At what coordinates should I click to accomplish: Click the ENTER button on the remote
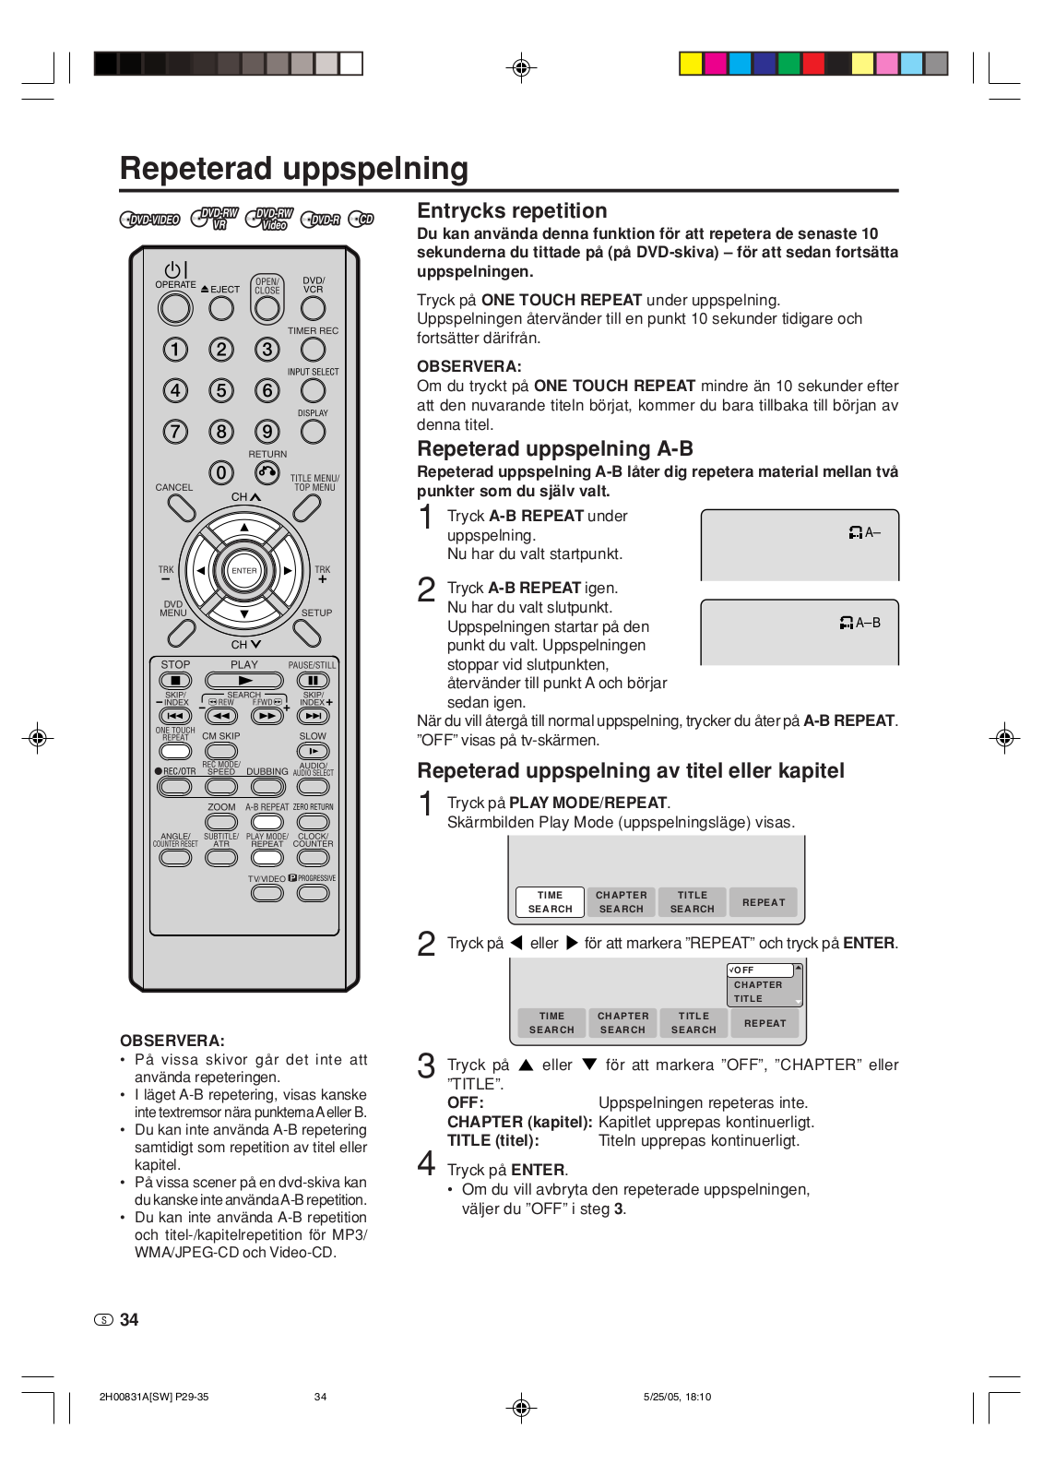244,571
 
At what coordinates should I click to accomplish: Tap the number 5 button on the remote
221,390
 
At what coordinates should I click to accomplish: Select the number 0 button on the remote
221,473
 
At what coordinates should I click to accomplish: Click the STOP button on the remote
175,681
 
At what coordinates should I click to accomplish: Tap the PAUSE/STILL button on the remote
313,681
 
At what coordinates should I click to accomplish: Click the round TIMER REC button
314,350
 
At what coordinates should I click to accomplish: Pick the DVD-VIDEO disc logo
149,220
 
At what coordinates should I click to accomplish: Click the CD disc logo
361,220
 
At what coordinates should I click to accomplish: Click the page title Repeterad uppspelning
294,169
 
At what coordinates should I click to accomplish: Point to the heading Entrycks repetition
512,210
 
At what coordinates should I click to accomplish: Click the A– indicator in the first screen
865,533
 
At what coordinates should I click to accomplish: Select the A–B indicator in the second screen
860,624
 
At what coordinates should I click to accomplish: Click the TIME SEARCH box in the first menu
550,902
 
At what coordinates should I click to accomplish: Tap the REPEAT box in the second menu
765,1023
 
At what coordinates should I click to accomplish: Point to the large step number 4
426,1164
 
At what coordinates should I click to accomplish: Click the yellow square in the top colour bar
691,64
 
